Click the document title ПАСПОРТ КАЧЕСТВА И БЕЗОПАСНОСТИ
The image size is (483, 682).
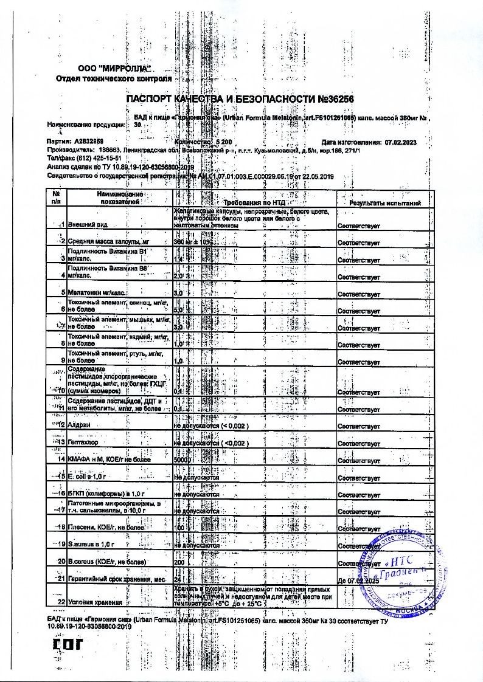[x=240, y=99]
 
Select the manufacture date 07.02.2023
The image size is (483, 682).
[x=400, y=141]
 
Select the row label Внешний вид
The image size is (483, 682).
[x=88, y=225]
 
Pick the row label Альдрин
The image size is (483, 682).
[x=79, y=425]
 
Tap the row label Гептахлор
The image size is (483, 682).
[x=83, y=443]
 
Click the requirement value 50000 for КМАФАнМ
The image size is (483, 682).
[x=182, y=461]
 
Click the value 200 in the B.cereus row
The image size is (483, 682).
[x=179, y=562]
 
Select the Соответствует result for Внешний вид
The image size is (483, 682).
[x=359, y=226]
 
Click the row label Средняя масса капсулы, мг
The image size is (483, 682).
[x=108, y=243]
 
